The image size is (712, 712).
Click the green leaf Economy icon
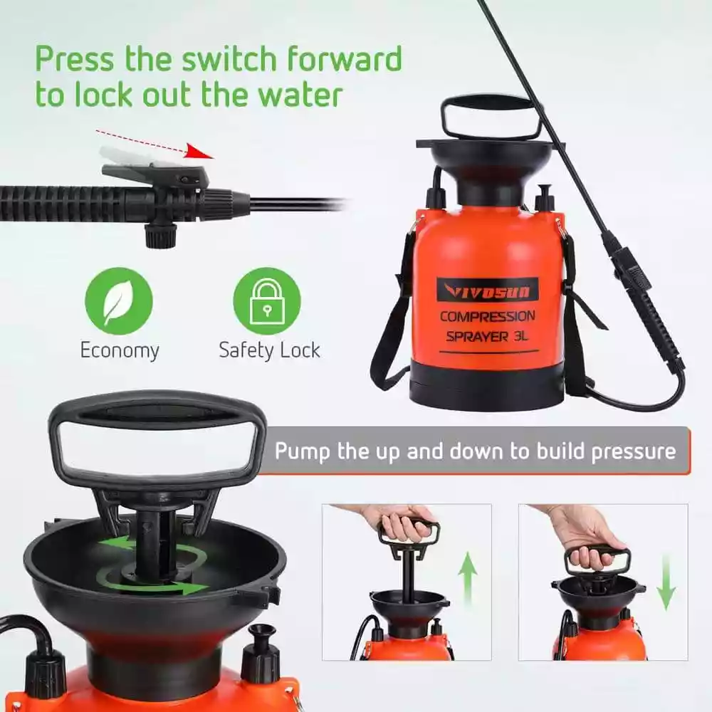tap(119, 301)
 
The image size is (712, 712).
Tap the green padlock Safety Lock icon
tap(267, 301)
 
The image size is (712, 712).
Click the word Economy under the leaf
tap(120, 351)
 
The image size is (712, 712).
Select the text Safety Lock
tap(269, 350)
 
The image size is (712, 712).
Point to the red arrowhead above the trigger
tap(200, 152)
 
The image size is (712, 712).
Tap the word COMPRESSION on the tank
tap(487, 317)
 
